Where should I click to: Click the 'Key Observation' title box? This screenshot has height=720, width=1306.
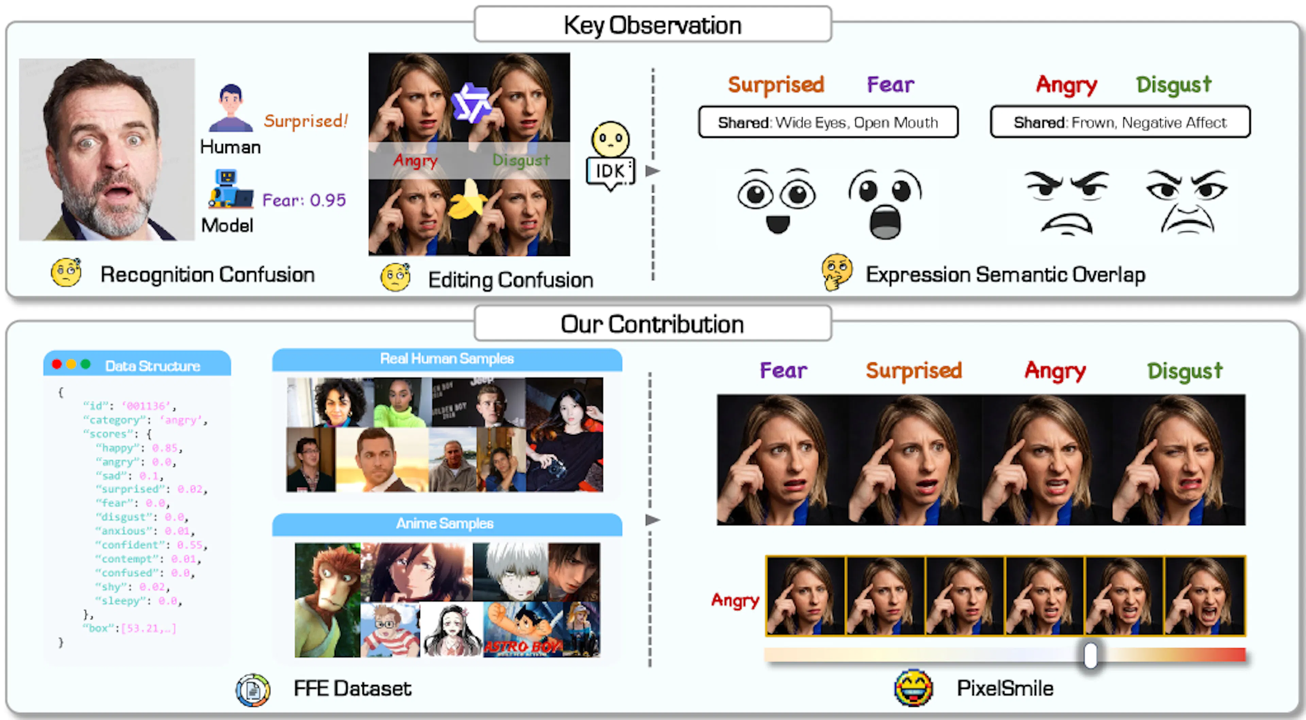tap(653, 24)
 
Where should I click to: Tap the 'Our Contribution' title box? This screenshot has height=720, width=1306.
tap(653, 324)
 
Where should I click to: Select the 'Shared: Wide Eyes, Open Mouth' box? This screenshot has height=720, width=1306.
tap(828, 122)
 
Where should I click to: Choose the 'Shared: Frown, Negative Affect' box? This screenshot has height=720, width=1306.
tap(1120, 122)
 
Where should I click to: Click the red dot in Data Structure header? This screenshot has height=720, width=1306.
tap(57, 364)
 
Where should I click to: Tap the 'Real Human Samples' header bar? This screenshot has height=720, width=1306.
tap(447, 359)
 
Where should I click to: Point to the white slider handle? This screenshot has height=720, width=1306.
tap(1090, 655)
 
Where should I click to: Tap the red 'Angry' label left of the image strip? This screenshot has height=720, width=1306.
tap(735, 600)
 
